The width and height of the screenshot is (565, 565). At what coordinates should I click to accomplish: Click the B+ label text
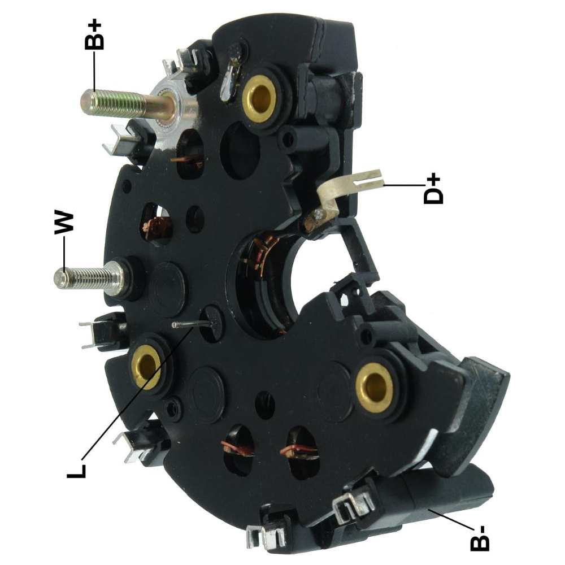click(94, 36)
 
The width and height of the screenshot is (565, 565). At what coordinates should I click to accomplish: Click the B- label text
click(480, 538)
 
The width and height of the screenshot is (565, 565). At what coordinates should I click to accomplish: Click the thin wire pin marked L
click(194, 325)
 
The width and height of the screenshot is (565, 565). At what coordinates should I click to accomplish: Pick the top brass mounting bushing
click(259, 96)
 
